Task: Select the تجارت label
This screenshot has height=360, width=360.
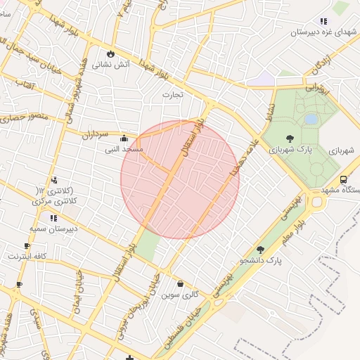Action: point(172,94)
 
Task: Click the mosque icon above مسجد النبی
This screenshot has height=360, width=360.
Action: point(124,139)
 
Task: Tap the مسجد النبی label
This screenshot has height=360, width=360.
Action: point(124,149)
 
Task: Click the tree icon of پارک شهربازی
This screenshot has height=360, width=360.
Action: point(290,139)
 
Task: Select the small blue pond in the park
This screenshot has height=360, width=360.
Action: point(310,120)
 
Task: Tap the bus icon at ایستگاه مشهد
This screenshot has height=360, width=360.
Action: point(343,179)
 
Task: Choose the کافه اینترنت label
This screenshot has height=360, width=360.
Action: point(27,256)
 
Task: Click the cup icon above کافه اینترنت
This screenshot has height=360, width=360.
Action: point(27,245)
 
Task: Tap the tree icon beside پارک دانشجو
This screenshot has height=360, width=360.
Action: point(260,250)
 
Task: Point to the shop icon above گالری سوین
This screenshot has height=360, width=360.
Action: point(181,284)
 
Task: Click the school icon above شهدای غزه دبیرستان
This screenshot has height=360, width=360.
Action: point(323,21)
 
